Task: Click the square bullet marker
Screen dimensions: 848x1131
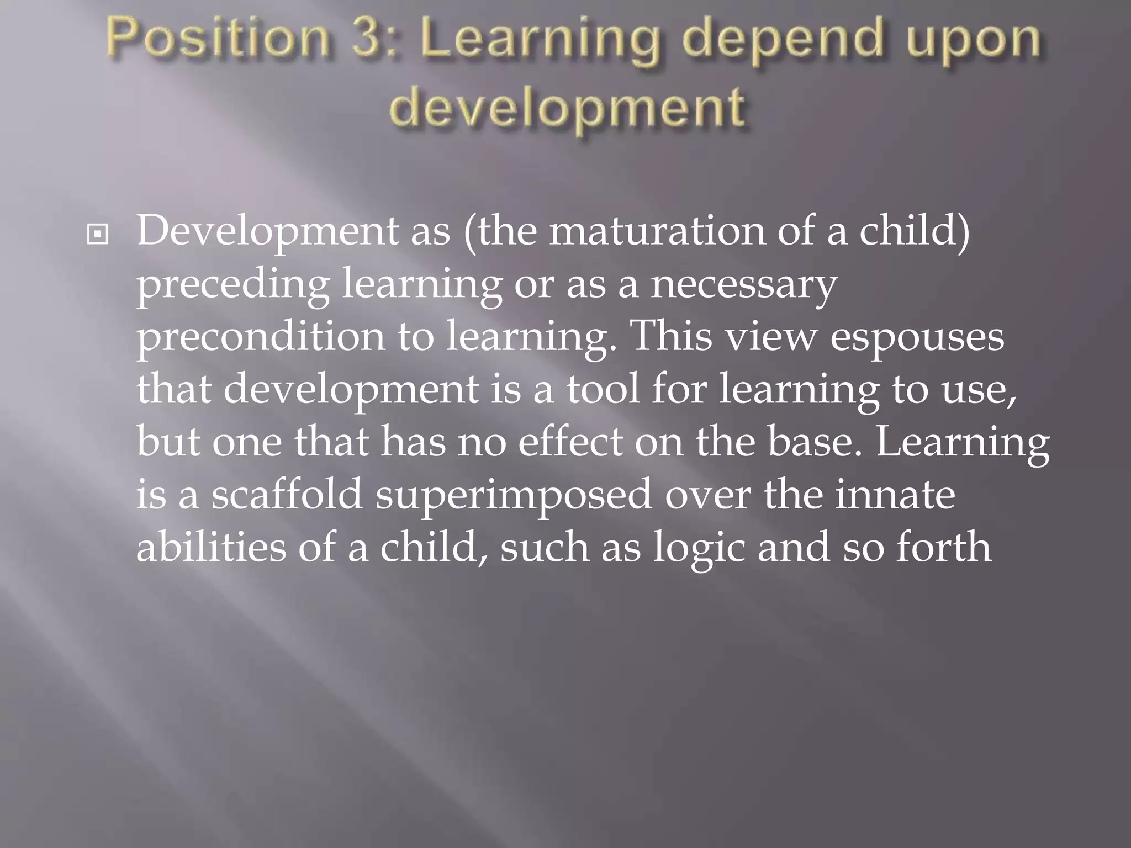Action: click(98, 235)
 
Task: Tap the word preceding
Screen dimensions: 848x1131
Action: click(232, 285)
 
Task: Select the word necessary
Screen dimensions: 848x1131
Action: click(743, 285)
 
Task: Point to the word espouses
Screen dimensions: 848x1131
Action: click(917, 337)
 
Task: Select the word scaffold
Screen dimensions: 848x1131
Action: click(287, 494)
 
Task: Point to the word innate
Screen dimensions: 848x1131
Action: click(895, 494)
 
